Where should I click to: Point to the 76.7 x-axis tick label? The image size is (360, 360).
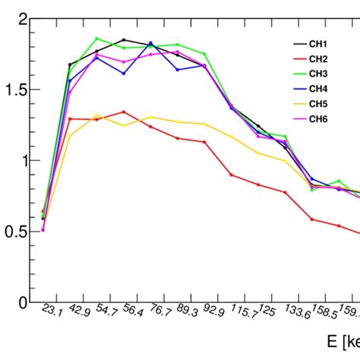pyautogui.click(x=159, y=311)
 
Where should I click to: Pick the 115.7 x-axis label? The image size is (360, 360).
pyautogui.click(x=242, y=313)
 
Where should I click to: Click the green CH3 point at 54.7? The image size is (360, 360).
pyautogui.click(x=97, y=39)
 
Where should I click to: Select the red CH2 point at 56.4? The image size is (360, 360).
pyautogui.click(x=124, y=112)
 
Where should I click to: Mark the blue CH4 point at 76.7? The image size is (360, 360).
pyautogui.click(x=150, y=43)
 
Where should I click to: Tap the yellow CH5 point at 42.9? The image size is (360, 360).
pyautogui.click(x=70, y=136)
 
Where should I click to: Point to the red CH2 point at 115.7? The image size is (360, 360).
pyautogui.click(x=232, y=175)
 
